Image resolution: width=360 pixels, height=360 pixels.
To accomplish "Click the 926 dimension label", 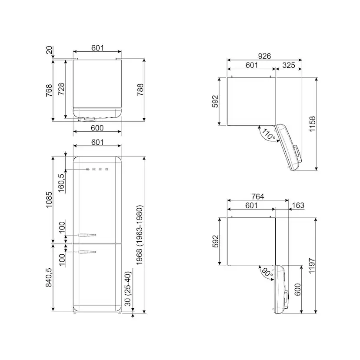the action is (x=264, y=56).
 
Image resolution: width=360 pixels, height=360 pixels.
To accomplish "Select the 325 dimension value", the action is (x=289, y=65).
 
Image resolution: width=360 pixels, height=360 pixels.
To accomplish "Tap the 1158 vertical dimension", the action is (x=313, y=124).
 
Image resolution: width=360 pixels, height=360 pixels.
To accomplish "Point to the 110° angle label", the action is (x=268, y=134).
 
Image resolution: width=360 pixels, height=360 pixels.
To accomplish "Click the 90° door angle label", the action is (x=267, y=272).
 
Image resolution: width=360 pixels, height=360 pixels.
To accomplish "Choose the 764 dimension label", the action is (x=257, y=197).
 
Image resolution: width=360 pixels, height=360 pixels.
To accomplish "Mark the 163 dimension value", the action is (x=298, y=205).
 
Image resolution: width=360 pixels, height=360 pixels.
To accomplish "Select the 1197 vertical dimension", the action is (x=312, y=266).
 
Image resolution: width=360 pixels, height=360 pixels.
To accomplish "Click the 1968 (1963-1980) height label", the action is (x=140, y=235).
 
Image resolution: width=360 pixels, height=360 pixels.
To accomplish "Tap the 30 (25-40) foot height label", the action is (x=128, y=289).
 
